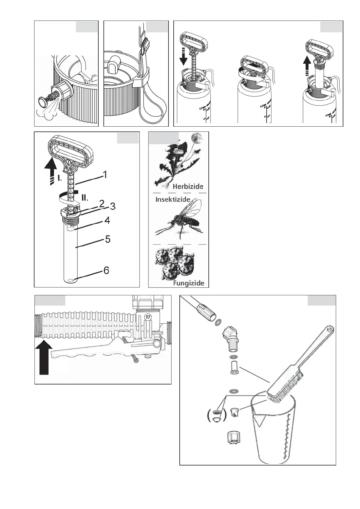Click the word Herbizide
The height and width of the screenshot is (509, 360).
pos(188,186)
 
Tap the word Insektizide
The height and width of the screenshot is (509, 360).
pos(173,199)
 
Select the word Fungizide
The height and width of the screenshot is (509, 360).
pos(188,283)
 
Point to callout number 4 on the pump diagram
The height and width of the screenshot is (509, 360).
pos(107,220)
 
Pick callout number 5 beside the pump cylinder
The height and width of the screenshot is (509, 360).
pos(108,239)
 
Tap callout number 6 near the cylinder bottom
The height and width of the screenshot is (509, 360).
pos(106,270)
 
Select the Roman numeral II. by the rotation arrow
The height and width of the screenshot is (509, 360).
pos(85,198)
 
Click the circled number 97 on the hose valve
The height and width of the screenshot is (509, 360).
pos(148,317)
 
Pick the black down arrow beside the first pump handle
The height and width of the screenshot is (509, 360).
pos(183,57)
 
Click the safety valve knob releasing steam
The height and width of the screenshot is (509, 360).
pos(44,102)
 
